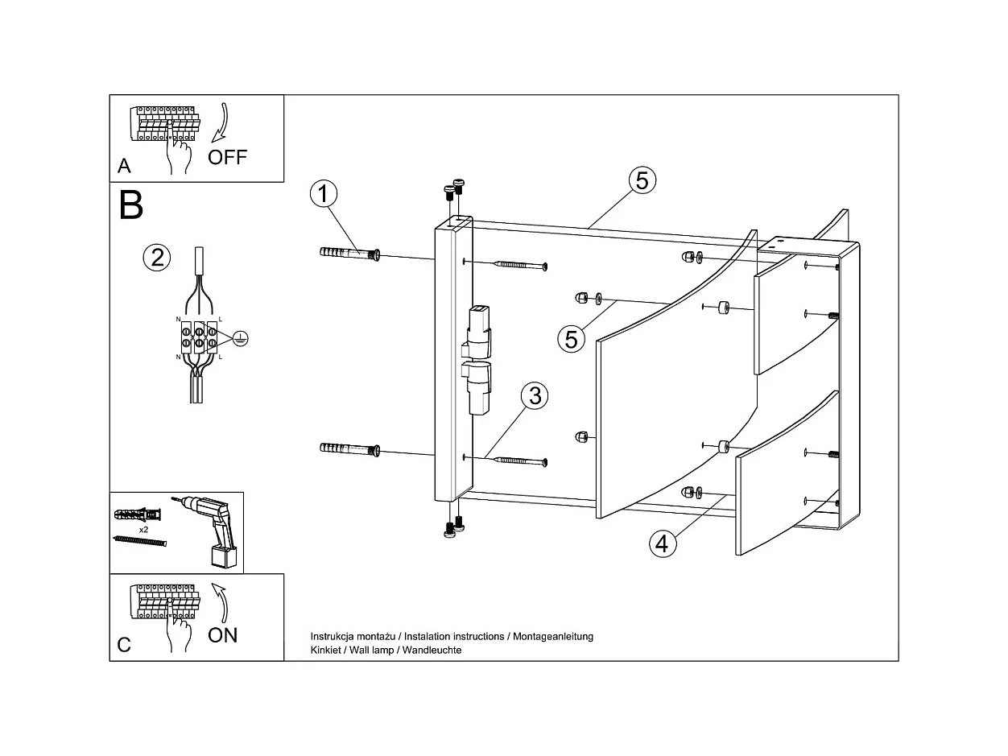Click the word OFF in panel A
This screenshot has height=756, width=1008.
point(227,157)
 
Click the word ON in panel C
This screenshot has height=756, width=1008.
point(222,634)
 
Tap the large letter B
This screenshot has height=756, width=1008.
point(130,205)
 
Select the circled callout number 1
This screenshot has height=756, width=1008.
point(323,194)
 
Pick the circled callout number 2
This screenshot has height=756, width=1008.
point(157,258)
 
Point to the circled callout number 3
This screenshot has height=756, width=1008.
point(535,396)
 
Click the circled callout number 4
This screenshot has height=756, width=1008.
point(661,543)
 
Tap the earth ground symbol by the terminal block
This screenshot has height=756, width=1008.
point(238,339)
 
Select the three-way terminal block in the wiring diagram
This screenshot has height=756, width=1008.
point(198,338)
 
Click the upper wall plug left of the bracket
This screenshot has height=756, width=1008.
point(349,254)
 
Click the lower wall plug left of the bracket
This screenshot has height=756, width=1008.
point(349,449)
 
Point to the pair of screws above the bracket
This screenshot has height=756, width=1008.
point(454,190)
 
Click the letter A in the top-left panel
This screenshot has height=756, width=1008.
point(124,166)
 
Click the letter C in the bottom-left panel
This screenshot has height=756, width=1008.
point(124,645)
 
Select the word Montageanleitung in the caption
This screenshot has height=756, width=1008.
point(552,636)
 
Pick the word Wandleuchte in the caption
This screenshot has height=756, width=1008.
point(432,650)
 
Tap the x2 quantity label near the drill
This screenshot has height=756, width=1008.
point(143,531)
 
